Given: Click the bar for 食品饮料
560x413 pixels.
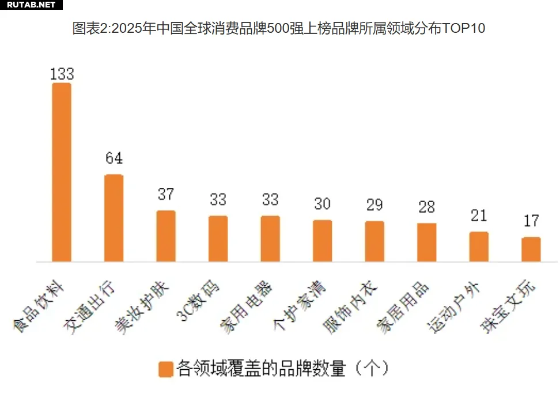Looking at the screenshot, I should tap(62, 172).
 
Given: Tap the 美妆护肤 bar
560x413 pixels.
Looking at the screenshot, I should tap(166, 236).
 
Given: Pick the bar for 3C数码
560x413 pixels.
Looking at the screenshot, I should tap(218, 238).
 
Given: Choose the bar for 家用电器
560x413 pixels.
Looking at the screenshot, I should tap(270, 238).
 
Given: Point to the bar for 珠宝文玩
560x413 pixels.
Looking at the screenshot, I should tap(531, 249).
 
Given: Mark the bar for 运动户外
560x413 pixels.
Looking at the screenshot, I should tap(479, 247).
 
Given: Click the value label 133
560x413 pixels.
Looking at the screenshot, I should tap(62, 74).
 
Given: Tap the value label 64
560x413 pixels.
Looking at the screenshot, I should tap(113, 158).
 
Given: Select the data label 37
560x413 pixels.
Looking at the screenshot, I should tap(166, 194).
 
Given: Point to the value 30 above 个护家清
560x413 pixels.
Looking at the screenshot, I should tap(322, 204).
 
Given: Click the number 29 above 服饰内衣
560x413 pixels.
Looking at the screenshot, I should tap(374, 205).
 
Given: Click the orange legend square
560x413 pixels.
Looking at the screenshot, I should tap(166, 369).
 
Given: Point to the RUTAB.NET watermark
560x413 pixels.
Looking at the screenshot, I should tap(31, 5).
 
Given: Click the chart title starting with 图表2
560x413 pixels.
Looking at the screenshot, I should tap(279, 28).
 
